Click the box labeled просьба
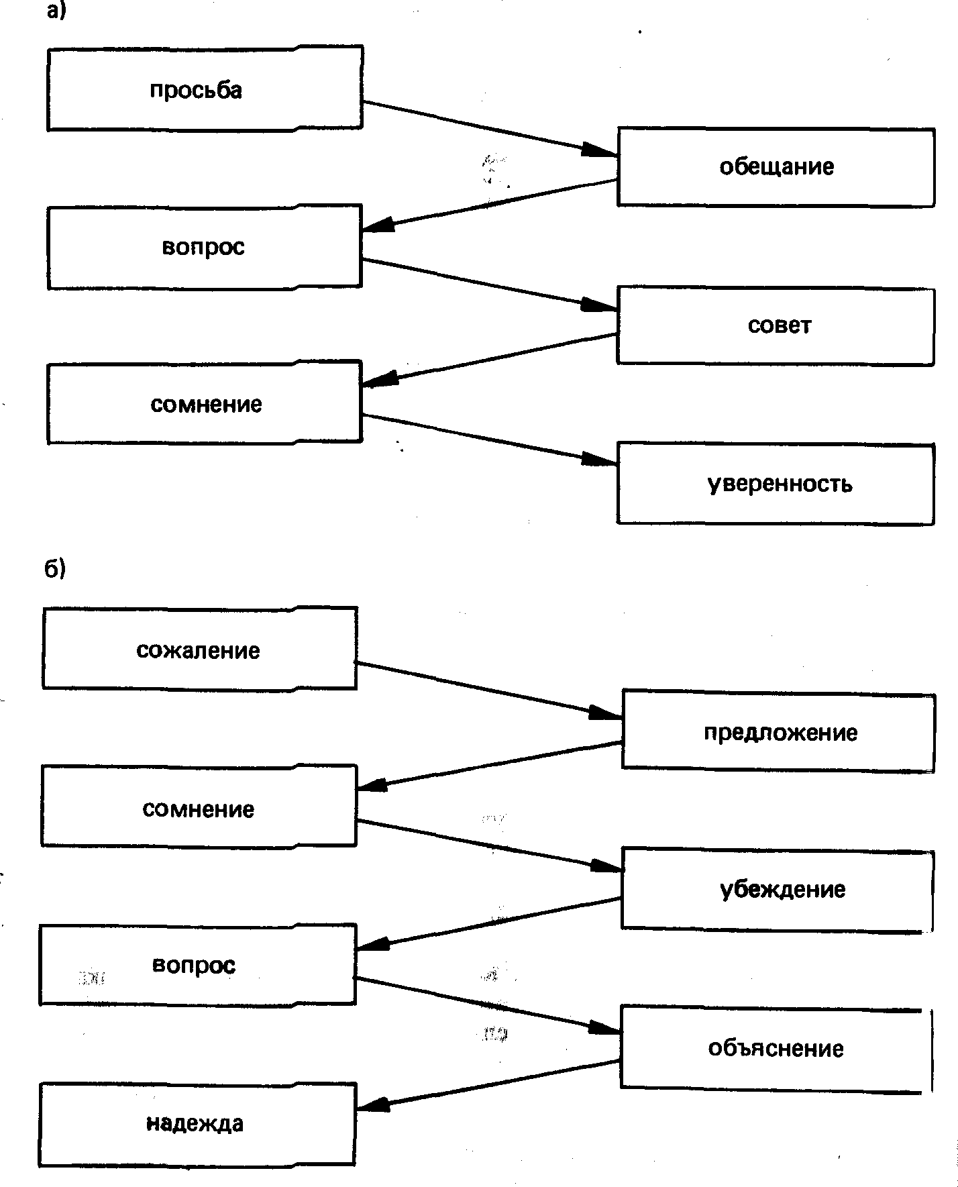pos(205,89)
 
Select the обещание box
pos(776,167)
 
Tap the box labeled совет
pos(776,326)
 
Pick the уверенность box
pos(776,484)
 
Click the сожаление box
pos(199,649)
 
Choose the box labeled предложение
pos(778,732)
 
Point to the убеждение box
pos(778,890)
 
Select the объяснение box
pos(775,1047)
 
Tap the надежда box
pos(197,1123)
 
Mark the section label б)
pos(55,568)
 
